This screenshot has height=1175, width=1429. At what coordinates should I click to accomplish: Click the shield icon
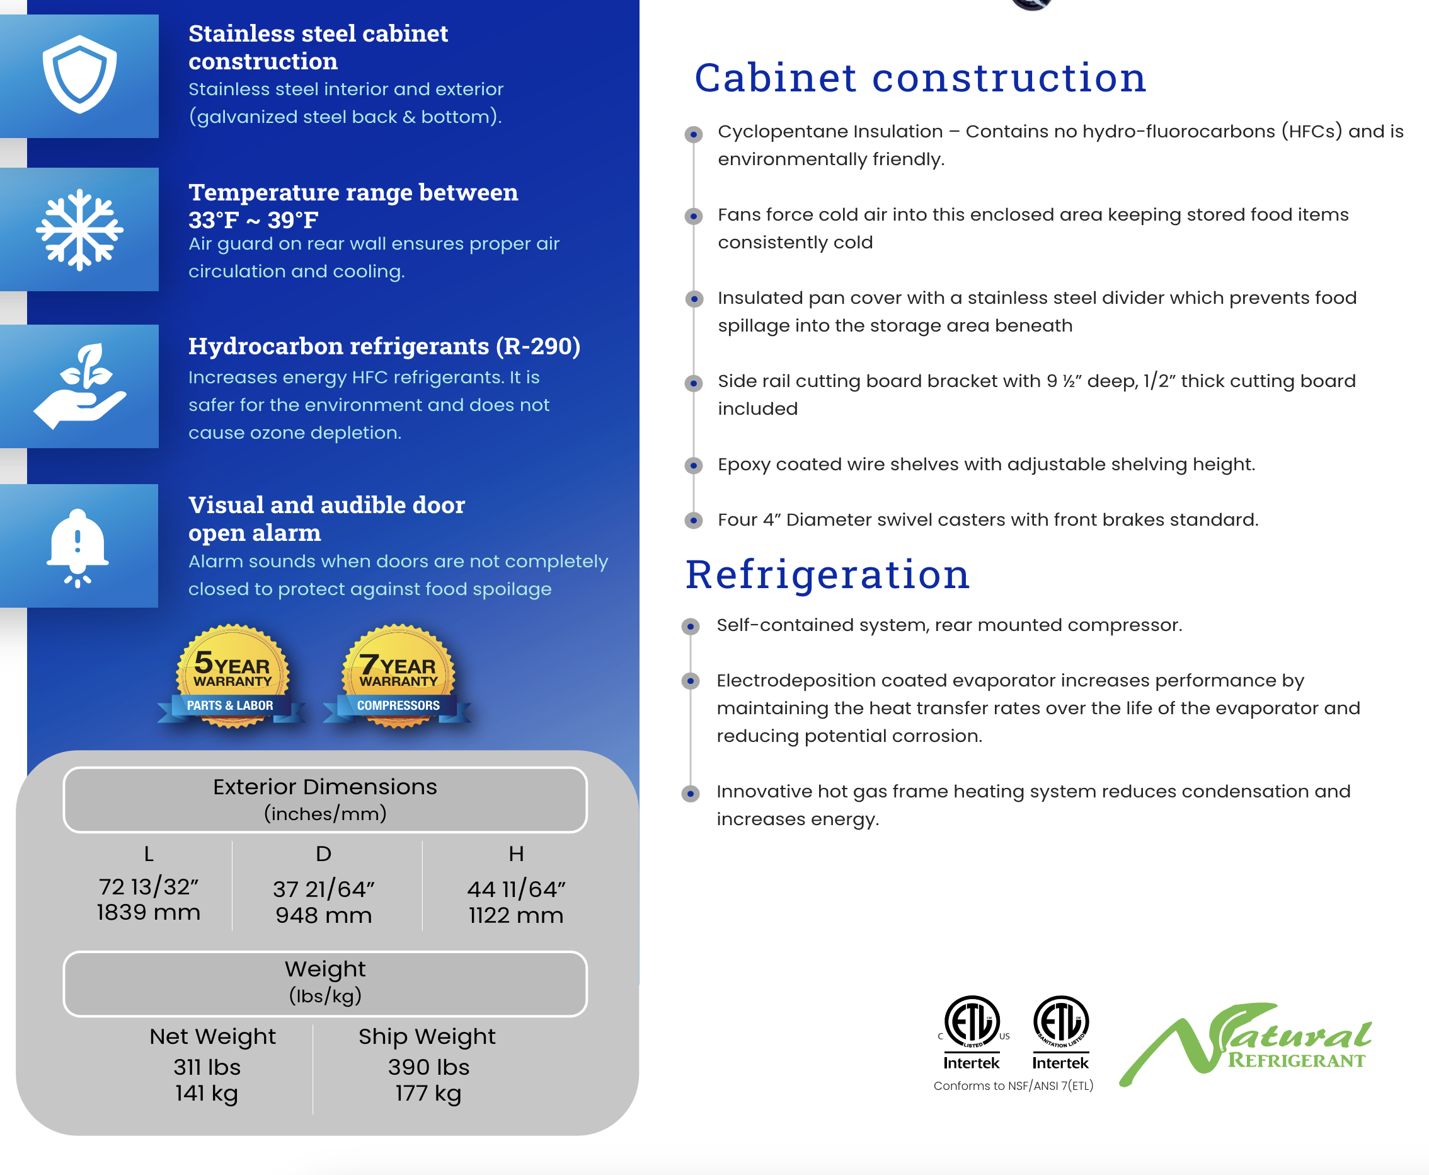pos(80,74)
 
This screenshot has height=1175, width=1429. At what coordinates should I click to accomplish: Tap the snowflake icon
pos(80,229)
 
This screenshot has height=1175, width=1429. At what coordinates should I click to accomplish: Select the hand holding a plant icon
pos(80,386)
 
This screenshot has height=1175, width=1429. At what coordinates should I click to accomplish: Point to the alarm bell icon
pos(77,548)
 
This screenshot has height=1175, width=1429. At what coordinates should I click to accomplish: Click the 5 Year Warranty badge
pos(232,677)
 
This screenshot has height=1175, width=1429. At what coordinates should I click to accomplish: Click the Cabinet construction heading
pos(920,78)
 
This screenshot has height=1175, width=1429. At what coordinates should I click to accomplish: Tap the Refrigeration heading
pos(827,576)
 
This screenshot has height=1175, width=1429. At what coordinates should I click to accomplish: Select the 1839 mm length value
pos(148,912)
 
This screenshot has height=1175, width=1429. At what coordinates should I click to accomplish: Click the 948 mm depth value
pos(323,915)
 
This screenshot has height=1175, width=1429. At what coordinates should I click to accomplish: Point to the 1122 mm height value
pos(515,915)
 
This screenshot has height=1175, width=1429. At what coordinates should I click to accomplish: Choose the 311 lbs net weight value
pos(207,1067)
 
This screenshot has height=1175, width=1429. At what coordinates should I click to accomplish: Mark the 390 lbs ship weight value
pos(428,1067)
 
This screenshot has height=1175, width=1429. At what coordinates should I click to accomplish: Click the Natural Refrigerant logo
pos(1245,1043)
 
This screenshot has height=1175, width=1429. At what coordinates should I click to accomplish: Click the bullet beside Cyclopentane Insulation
pos(694,134)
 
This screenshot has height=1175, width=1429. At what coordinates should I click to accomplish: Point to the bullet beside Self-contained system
pos(690,627)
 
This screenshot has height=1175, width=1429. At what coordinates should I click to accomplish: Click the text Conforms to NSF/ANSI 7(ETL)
pos(1013,1086)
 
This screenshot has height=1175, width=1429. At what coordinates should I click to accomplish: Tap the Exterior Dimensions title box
pos(324,799)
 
